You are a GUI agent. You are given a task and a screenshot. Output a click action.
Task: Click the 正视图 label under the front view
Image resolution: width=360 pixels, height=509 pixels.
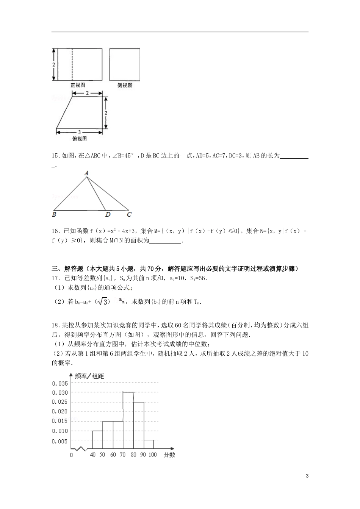(77, 86)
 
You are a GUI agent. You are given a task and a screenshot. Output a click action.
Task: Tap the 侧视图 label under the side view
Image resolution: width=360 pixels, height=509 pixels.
(125, 86)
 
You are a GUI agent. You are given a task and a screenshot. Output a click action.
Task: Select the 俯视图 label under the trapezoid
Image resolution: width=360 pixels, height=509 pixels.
(79, 139)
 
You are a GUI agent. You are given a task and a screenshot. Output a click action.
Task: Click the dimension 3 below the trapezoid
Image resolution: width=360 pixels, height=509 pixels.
(79, 132)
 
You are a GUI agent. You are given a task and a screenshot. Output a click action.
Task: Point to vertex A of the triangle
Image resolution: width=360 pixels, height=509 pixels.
(86, 173)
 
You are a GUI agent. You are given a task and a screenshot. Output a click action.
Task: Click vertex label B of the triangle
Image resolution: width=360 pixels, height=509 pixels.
(54, 215)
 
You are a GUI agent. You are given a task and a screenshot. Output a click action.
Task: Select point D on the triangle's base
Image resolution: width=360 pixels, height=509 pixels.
(108, 215)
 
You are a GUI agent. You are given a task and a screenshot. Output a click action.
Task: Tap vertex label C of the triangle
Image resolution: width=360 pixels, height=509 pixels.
(129, 215)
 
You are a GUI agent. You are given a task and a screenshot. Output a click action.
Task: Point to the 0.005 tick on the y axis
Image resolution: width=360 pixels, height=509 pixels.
(60, 441)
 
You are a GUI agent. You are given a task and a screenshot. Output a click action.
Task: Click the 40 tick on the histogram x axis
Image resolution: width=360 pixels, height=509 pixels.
(92, 454)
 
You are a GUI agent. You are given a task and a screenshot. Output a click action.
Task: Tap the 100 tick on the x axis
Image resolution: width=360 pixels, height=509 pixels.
(152, 454)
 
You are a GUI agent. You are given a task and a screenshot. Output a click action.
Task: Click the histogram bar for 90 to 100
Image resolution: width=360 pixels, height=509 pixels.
(149, 445)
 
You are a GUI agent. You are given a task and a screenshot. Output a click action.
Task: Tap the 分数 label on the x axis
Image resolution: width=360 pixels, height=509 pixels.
(169, 455)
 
